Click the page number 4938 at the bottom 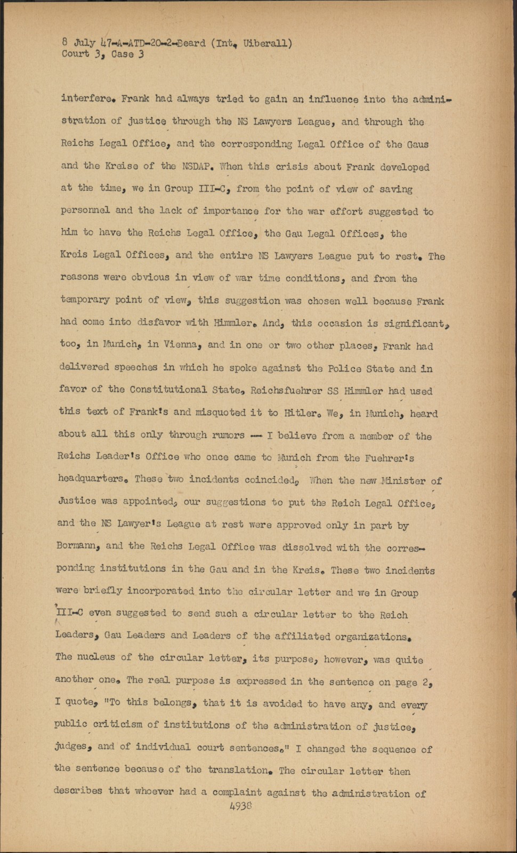pyautogui.click(x=240, y=806)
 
